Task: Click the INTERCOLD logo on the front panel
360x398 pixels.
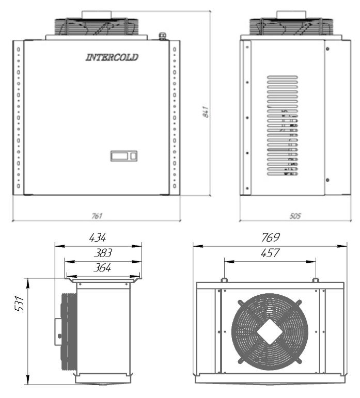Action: pyautogui.click(x=112, y=57)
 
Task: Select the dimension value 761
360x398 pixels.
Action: pyautogui.click(x=97, y=216)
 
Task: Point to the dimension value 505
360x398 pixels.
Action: pyautogui.click(x=295, y=216)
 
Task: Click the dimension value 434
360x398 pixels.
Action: pyautogui.click(x=98, y=238)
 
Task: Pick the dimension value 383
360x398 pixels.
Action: pyautogui.click(x=103, y=253)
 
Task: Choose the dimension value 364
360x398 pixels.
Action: pyautogui.click(x=102, y=268)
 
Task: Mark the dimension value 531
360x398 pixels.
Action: pyautogui.click(x=19, y=304)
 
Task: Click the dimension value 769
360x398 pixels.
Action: pyautogui.click(x=271, y=237)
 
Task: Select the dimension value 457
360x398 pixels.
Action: pyautogui.click(x=270, y=253)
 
